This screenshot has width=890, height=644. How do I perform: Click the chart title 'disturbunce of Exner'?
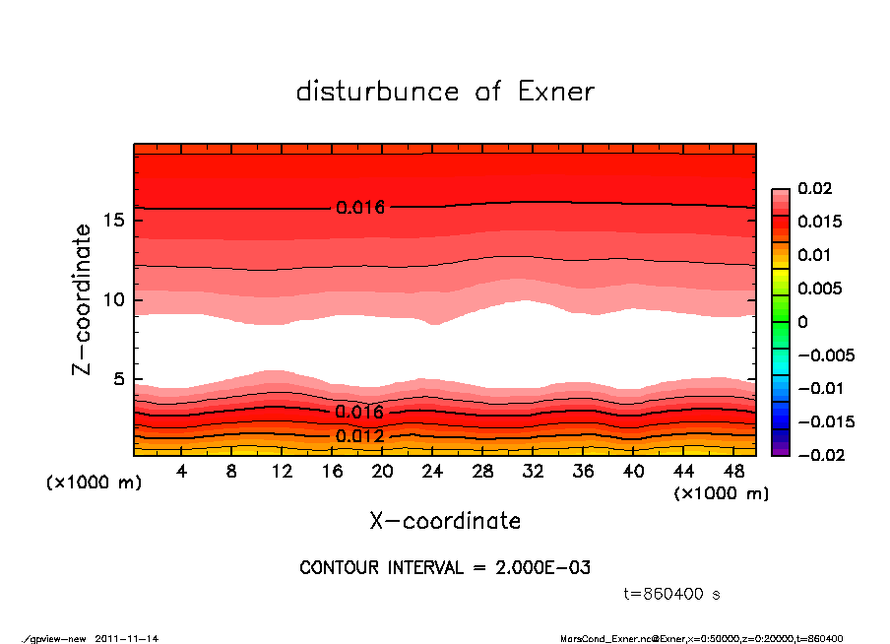pyautogui.click(x=445, y=92)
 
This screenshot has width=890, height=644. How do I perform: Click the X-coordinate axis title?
pyautogui.click(x=445, y=521)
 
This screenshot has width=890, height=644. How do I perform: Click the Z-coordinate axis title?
pyautogui.click(x=83, y=299)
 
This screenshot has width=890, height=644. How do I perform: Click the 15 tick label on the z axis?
pyautogui.click(x=114, y=220)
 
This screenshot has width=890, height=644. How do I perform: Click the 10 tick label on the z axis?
pyautogui.click(x=114, y=299)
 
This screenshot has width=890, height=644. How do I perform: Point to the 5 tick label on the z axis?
pyautogui.click(x=119, y=379)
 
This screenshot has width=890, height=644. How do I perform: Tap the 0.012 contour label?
pyautogui.click(x=359, y=436)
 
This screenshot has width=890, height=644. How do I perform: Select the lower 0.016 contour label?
pyautogui.click(x=359, y=412)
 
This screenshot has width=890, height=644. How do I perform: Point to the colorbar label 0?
pyautogui.click(x=802, y=322)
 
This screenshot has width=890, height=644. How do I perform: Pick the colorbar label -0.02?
pyautogui.click(x=819, y=455)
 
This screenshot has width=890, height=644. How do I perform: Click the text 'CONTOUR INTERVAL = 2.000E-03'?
pyautogui.click(x=445, y=568)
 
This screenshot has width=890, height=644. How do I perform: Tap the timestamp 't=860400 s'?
pyautogui.click(x=672, y=594)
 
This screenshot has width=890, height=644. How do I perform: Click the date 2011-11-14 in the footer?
pyautogui.click(x=127, y=638)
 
